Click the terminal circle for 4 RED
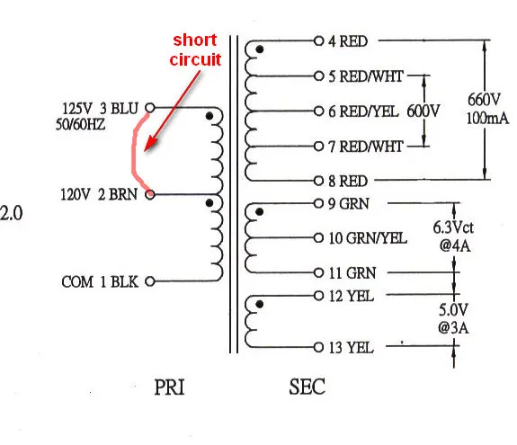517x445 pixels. click(318, 40)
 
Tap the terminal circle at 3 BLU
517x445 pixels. click(150, 108)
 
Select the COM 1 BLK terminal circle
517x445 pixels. click(150, 281)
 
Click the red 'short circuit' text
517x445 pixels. click(195, 49)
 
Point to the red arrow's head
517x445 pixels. click(147, 147)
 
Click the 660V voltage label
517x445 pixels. click(484, 99)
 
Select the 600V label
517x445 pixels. click(423, 111)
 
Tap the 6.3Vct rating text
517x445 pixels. click(453, 227)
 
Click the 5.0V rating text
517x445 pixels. click(453, 310)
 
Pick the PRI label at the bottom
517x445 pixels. click(169, 387)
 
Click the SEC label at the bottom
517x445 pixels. click(307, 387)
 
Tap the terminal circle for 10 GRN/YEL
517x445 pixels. click(318, 238)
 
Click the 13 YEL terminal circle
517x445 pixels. click(318, 347)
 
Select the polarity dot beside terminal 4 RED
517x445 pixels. click(260, 49)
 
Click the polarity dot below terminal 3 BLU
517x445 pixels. click(209, 116)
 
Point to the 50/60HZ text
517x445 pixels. click(80, 125)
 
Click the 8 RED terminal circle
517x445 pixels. click(318, 181)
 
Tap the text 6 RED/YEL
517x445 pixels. click(363, 111)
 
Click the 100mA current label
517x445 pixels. click(487, 118)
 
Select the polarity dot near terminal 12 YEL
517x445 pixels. click(260, 304)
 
